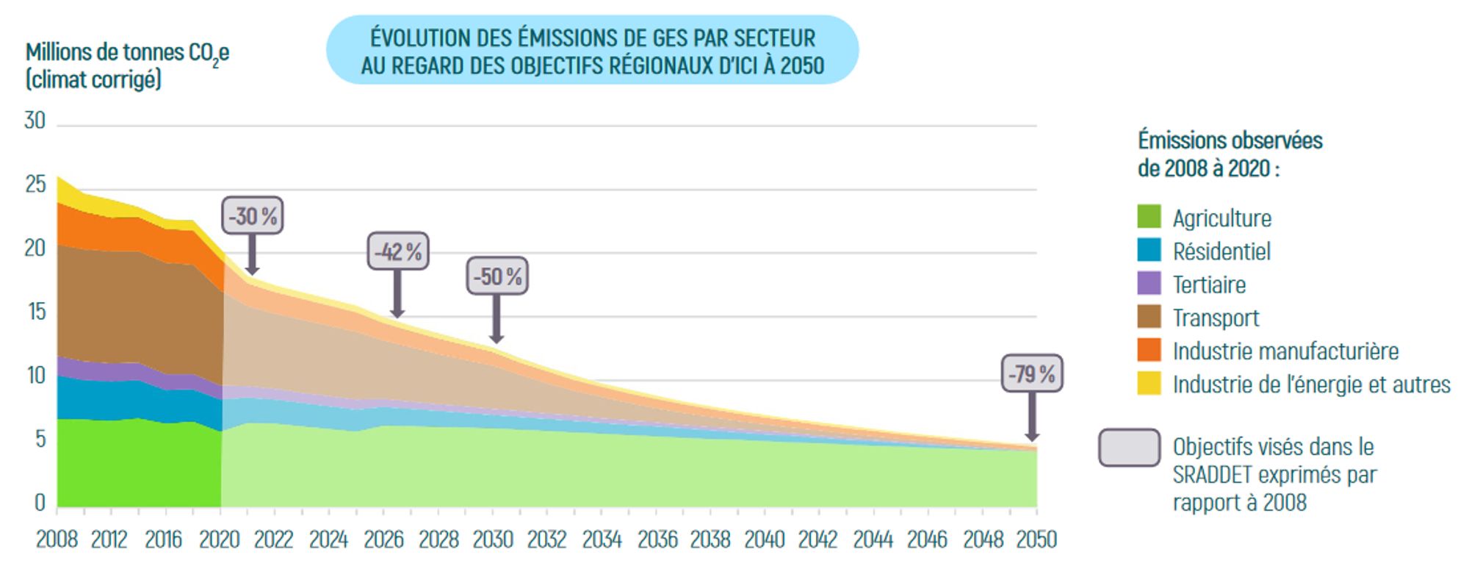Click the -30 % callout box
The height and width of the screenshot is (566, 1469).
click(253, 216)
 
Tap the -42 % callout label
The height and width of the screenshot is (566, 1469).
click(398, 251)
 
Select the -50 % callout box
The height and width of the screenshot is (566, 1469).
click(497, 276)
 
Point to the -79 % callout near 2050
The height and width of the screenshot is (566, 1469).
click(1032, 373)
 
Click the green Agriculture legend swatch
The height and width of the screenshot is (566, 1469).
click(1149, 217)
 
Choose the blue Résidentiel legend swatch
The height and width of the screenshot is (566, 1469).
click(1149, 250)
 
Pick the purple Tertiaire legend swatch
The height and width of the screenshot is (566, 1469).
click(1149, 283)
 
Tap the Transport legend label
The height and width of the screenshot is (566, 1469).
click(1216, 318)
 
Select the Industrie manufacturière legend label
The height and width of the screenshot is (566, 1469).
click(1285, 351)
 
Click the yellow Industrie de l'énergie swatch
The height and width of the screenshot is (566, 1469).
click(1149, 383)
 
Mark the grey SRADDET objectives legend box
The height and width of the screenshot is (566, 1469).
click(1129, 448)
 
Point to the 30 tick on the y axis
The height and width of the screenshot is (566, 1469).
click(35, 121)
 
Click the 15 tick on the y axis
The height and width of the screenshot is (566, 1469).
click(36, 312)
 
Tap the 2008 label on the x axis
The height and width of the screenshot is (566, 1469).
click(57, 540)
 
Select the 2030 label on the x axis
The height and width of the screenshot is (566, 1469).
click(493, 540)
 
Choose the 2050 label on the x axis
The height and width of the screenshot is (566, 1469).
click(1036, 540)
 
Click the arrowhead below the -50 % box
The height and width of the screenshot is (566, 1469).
click(497, 338)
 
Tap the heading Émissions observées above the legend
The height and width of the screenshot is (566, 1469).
click(1230, 140)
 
